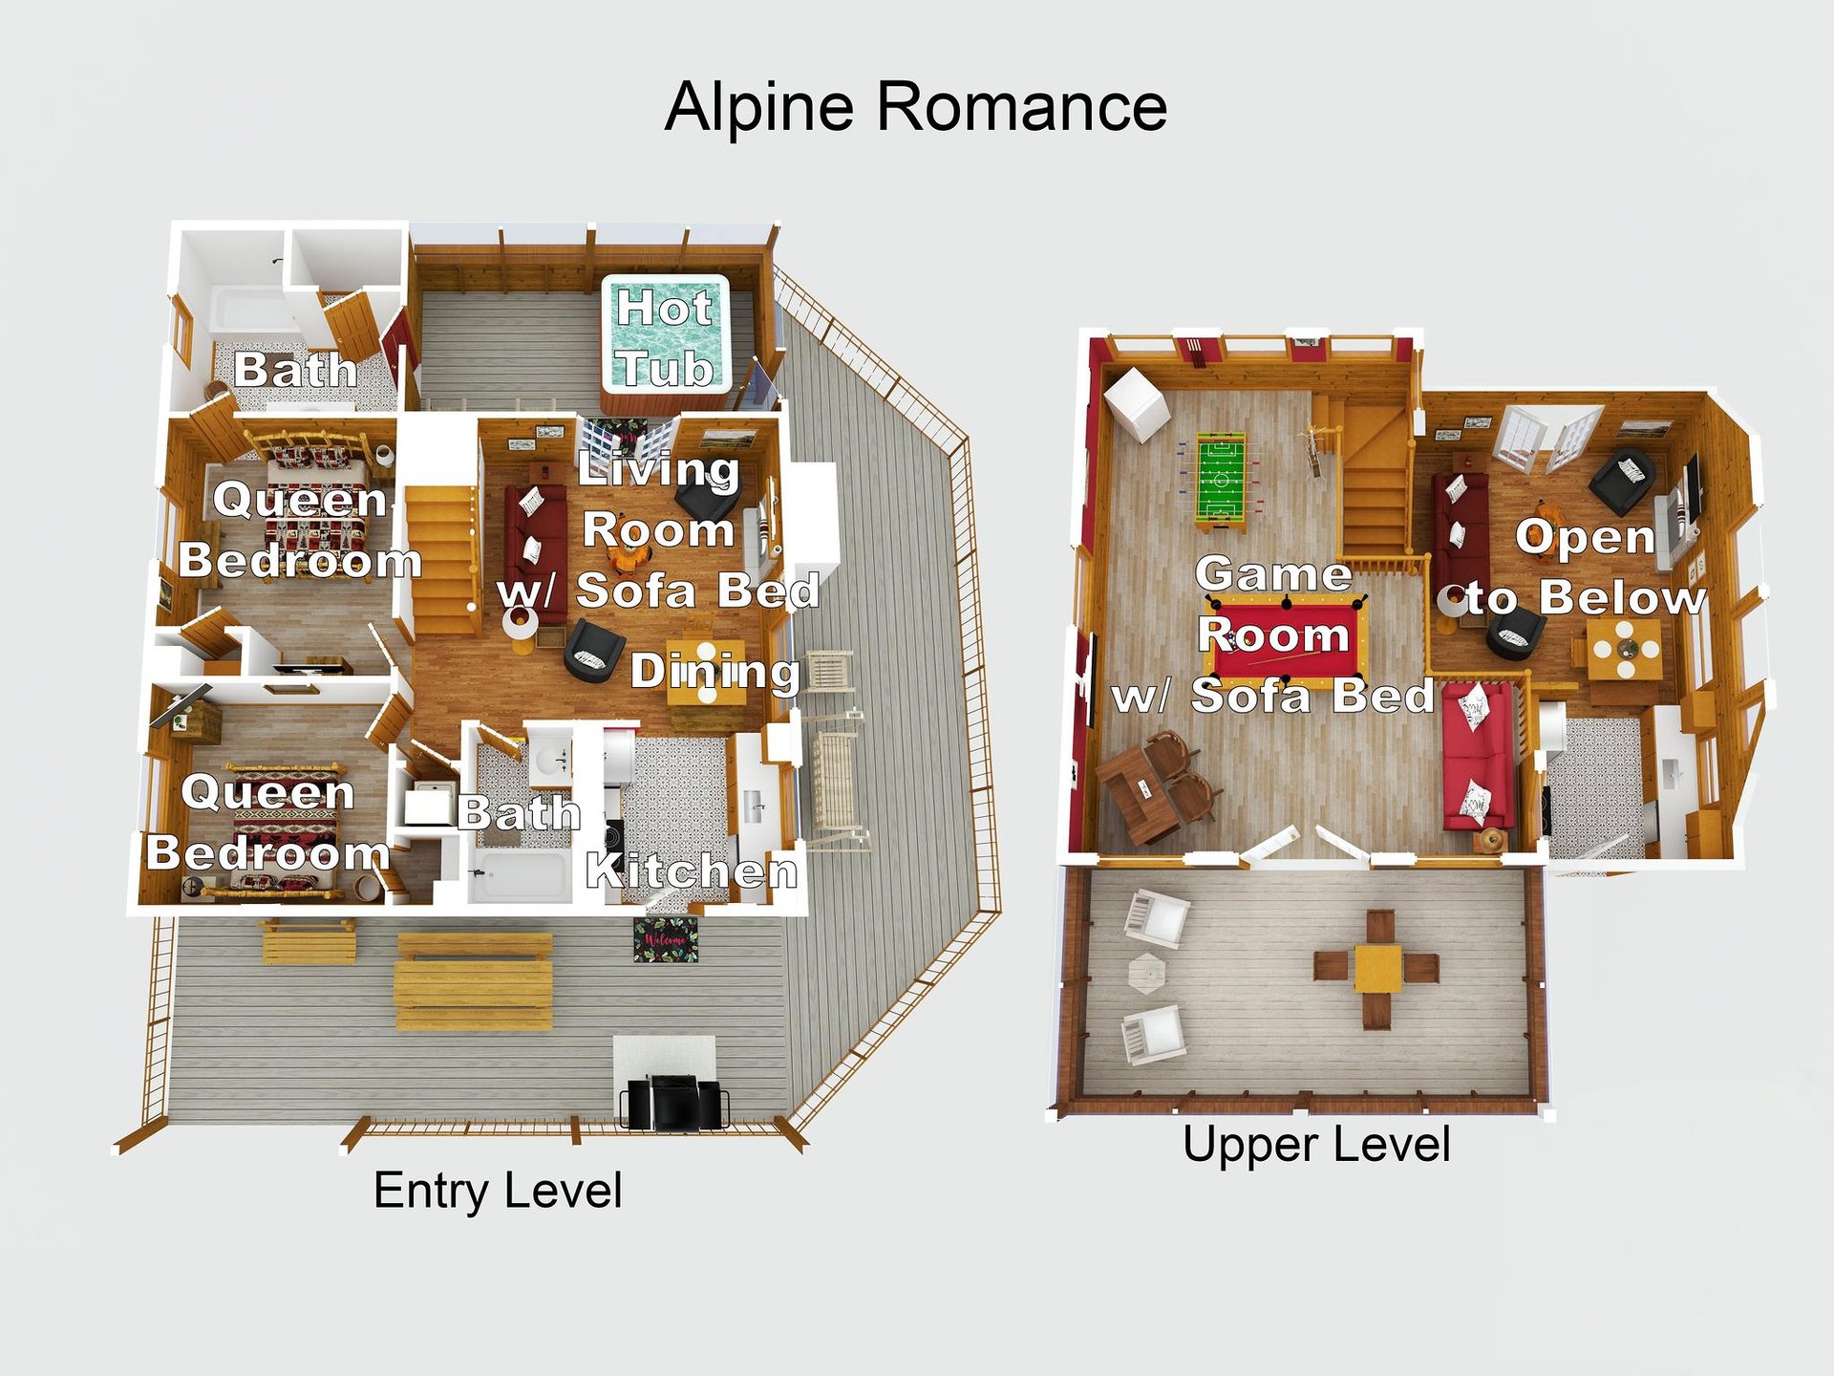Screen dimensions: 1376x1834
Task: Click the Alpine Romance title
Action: (915, 106)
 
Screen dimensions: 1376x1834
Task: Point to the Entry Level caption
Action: (497, 1191)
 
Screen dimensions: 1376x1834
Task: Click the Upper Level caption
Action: (1315, 1144)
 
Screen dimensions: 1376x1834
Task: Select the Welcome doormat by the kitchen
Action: (666, 940)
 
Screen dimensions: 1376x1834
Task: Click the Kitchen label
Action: (691, 871)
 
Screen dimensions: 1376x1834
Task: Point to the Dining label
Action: (714, 671)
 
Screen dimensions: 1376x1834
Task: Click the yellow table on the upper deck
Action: (1376, 968)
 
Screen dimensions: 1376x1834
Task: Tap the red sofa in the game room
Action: (1478, 755)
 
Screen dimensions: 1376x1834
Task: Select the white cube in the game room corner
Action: (1137, 403)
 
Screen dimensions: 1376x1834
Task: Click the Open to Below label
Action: (1586, 569)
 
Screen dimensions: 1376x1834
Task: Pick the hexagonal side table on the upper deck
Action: (1146, 974)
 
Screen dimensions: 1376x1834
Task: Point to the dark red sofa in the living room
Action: (534, 549)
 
